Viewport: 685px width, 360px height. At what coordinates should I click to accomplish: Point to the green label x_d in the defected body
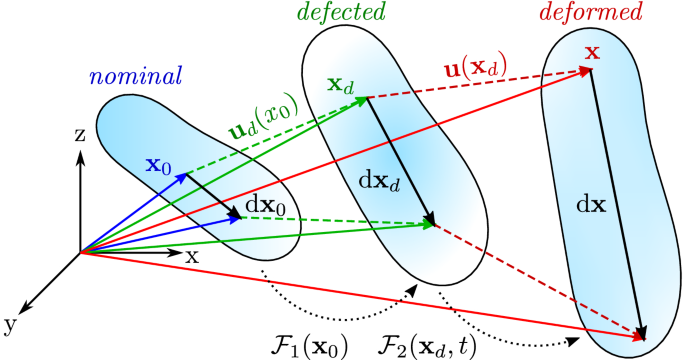(x=341, y=84)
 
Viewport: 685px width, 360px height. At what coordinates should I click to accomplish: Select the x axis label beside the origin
(x=191, y=256)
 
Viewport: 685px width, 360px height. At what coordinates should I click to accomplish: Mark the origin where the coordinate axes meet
(x=80, y=252)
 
